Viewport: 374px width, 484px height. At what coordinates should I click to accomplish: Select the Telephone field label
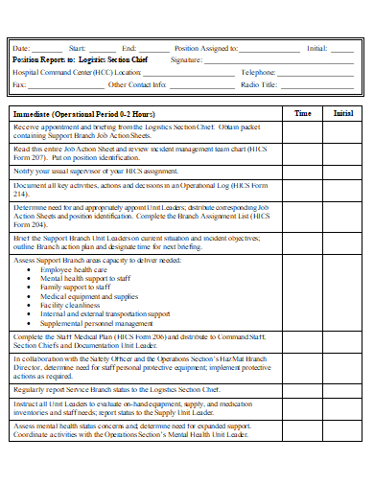click(259, 72)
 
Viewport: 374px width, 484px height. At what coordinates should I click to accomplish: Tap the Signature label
click(188, 59)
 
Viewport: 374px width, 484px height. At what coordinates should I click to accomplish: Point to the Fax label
click(19, 84)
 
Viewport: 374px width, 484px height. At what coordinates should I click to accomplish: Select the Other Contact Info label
click(138, 84)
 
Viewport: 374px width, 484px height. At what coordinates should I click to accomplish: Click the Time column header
click(302, 113)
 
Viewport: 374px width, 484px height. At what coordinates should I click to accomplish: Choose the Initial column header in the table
click(342, 113)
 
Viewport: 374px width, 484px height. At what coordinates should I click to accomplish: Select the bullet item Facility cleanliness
click(80, 305)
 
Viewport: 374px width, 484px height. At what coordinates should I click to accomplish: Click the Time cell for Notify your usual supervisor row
click(302, 171)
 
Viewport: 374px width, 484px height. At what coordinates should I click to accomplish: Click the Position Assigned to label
click(205, 47)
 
